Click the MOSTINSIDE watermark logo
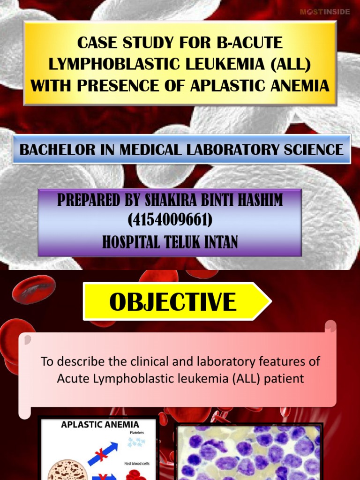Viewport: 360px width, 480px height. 324,12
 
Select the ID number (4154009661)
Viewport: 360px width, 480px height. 170,220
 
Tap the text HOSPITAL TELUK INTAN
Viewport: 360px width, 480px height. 170,241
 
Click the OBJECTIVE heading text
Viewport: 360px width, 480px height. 172,302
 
